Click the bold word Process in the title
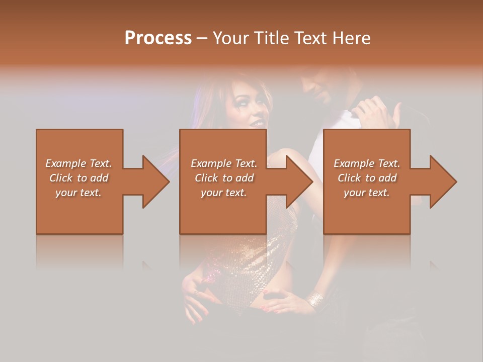[x=158, y=38]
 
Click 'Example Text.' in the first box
[x=78, y=163]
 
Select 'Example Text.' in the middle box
[x=224, y=163]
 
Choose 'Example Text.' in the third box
[x=367, y=163]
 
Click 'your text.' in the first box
[x=78, y=193]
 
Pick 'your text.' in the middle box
[x=224, y=193]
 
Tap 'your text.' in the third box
[x=367, y=193]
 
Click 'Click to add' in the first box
[x=78, y=178]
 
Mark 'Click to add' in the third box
[x=367, y=178]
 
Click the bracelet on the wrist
[x=315, y=300]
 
